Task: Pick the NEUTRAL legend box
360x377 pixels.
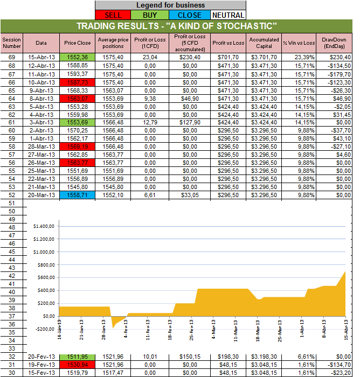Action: coord(227,15)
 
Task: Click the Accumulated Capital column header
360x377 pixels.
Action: coord(264,43)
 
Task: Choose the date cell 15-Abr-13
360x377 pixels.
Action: coord(41,57)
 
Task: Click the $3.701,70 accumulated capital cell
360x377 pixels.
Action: coord(264,57)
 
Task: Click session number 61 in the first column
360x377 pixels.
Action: coord(12,125)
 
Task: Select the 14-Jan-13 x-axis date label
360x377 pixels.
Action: coord(58,330)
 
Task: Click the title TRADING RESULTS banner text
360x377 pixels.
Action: coord(176,26)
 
